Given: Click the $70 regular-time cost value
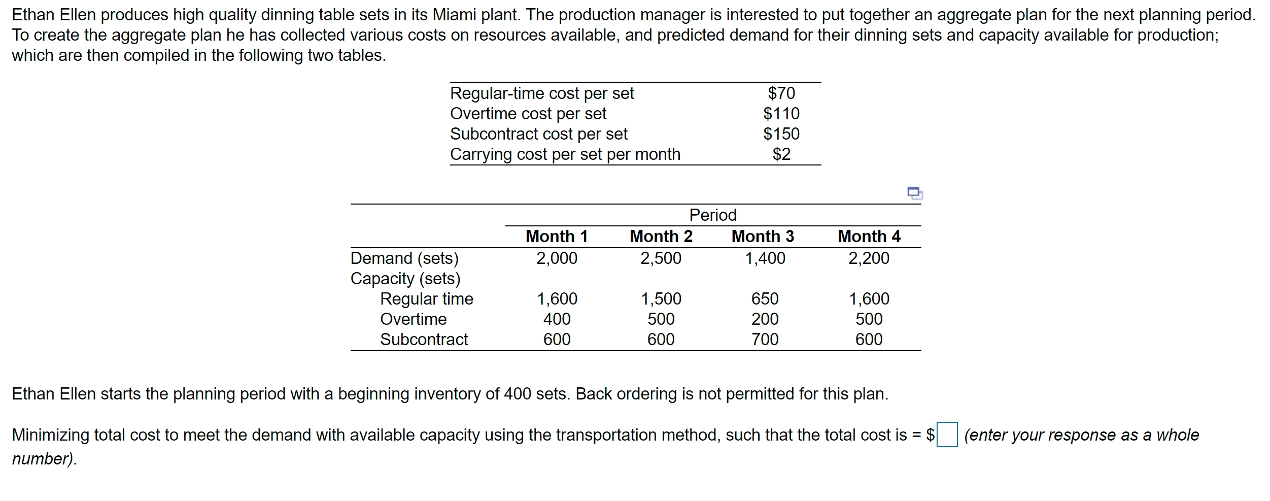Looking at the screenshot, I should point(781,93).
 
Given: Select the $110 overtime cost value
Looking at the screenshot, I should point(781,114).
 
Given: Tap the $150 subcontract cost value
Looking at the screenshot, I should point(781,134).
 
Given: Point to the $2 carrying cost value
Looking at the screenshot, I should point(781,154).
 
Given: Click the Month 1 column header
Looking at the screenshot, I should point(557,237).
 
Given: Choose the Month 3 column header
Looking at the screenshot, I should point(763,237).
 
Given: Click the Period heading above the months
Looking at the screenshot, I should point(712,215).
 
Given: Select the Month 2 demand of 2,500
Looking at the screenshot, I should point(661,258).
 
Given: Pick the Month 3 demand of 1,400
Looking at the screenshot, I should point(765,258).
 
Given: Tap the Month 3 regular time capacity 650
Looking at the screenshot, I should point(765,299).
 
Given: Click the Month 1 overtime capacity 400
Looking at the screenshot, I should point(557,319).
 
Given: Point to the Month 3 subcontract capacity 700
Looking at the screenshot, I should point(765,340).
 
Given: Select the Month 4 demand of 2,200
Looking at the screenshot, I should point(869,258).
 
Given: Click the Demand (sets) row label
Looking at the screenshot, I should point(404,258).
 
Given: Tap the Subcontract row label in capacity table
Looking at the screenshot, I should point(424,340).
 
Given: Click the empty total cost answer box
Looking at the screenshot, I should point(947,435).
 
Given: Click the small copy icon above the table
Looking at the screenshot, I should point(914,193).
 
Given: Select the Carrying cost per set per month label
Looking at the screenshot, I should point(565,154).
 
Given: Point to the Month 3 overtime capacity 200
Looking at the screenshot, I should point(765,319).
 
